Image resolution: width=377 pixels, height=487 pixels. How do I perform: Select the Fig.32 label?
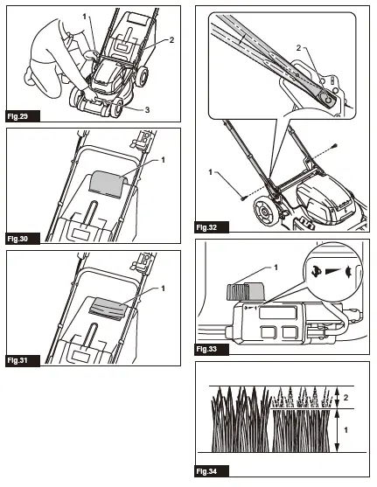(x=208, y=227)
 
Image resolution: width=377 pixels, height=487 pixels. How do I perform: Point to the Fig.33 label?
(x=208, y=349)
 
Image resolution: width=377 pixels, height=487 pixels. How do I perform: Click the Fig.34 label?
(x=208, y=471)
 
